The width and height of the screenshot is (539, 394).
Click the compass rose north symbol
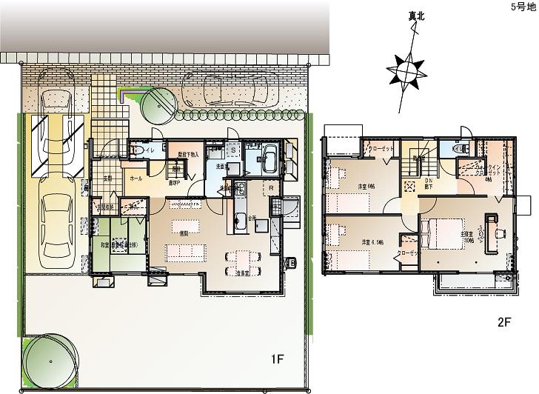406,71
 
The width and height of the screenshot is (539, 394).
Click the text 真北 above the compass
408,16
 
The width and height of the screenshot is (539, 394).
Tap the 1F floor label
277,360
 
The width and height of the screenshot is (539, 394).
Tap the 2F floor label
503,322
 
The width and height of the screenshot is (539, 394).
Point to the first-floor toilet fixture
136,151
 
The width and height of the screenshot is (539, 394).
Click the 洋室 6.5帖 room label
372,242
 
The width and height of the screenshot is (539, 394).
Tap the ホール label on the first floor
136,178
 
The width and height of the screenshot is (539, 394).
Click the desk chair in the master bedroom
500,233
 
